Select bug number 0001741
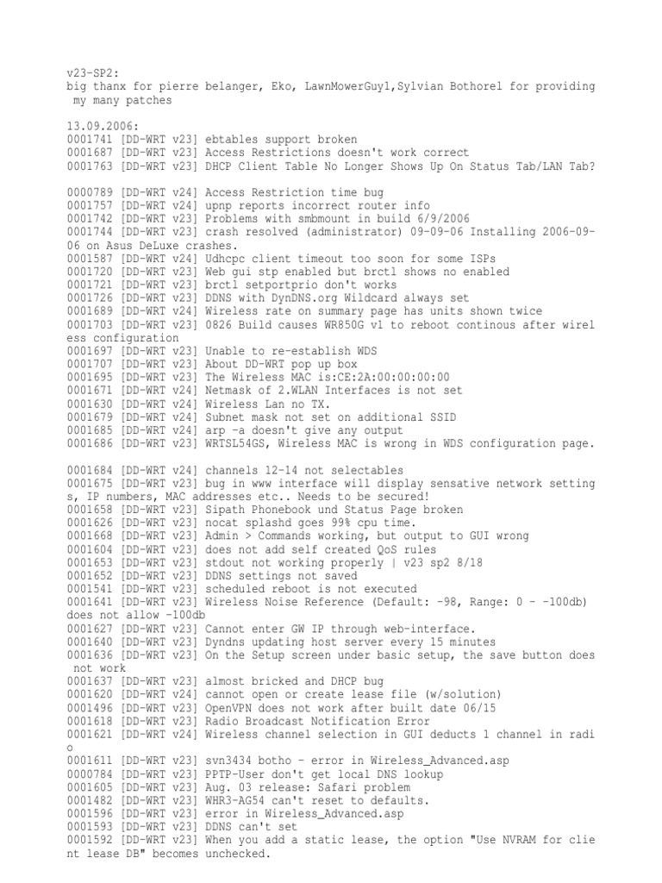[x=91, y=139]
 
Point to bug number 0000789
[x=91, y=191]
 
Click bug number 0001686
[x=91, y=442]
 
